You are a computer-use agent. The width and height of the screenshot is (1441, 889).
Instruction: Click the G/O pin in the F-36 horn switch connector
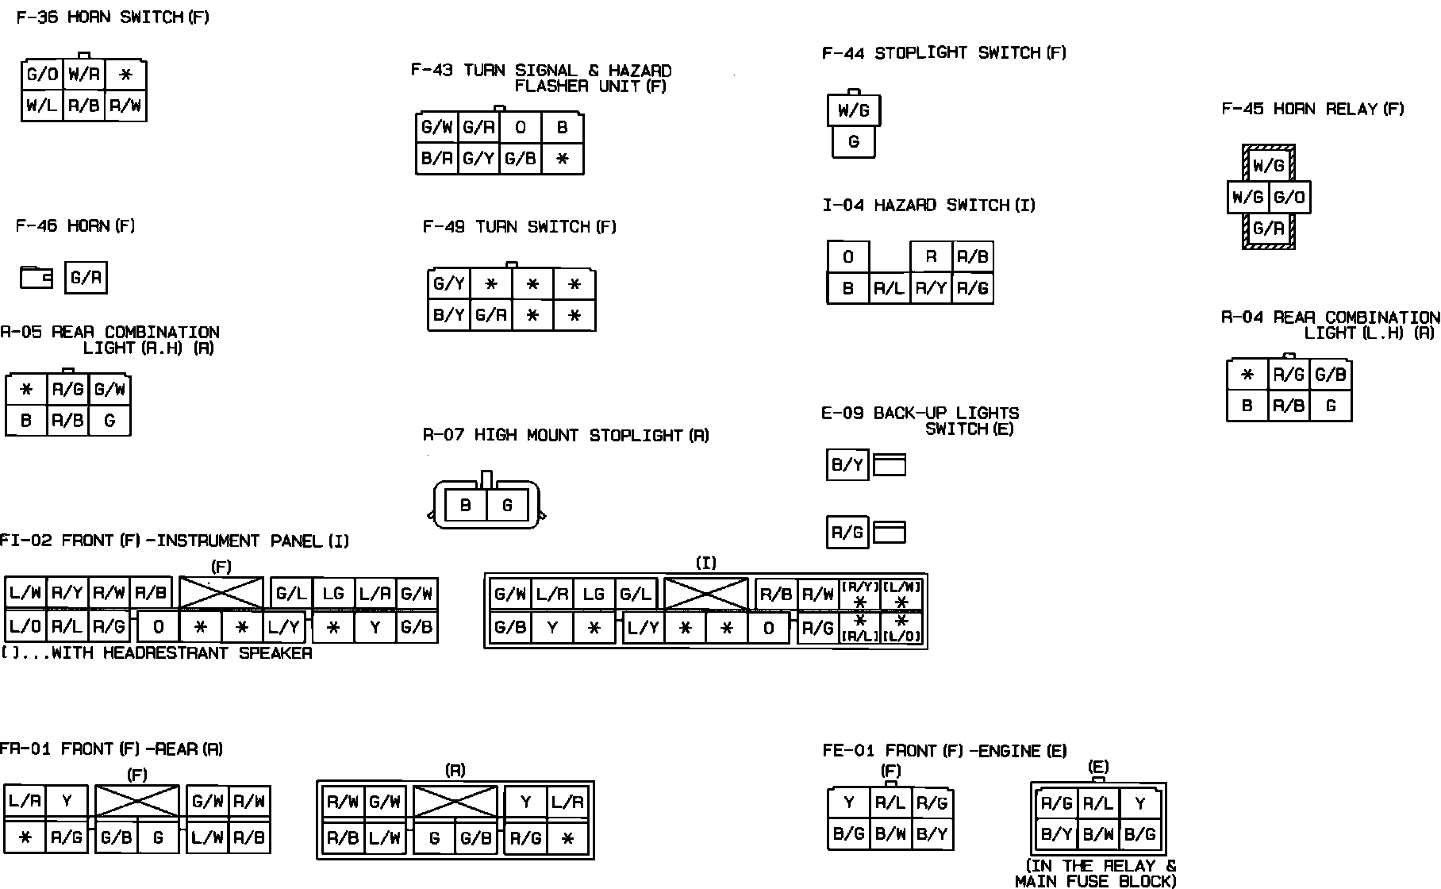(x=42, y=75)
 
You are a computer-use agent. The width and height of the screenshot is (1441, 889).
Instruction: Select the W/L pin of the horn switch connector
(x=42, y=105)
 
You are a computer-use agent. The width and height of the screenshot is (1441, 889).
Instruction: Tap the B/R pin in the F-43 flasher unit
(x=437, y=158)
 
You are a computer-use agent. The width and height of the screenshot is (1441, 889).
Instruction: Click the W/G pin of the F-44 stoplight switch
(x=854, y=111)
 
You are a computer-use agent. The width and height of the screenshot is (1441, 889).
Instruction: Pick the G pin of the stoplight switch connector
(x=854, y=142)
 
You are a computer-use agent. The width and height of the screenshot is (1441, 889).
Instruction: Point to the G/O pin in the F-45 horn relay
(x=1289, y=197)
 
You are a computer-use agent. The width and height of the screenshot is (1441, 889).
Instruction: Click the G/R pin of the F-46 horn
(x=86, y=278)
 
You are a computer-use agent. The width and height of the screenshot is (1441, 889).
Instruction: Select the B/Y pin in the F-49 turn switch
(x=449, y=315)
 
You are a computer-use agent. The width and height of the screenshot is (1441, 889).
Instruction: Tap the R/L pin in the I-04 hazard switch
(x=890, y=288)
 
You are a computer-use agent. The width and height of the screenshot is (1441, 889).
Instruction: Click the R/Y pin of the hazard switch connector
(x=931, y=288)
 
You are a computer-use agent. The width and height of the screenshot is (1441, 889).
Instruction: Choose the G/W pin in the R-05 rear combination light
(x=110, y=389)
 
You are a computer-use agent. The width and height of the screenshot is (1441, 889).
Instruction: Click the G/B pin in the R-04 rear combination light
(x=1331, y=375)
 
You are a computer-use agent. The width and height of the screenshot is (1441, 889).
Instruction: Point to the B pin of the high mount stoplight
(x=466, y=505)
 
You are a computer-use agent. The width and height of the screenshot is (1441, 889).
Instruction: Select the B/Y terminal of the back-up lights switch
(x=847, y=464)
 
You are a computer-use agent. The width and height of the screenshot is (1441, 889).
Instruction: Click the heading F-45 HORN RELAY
(x=1312, y=109)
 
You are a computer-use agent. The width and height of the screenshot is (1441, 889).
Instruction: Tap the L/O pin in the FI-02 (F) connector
(x=25, y=625)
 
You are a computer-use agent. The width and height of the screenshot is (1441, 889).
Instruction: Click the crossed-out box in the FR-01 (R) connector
(x=455, y=802)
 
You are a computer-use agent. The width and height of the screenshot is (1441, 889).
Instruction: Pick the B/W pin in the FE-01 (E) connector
(x=1098, y=834)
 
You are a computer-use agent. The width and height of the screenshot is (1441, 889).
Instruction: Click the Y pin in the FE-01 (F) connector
(x=849, y=802)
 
